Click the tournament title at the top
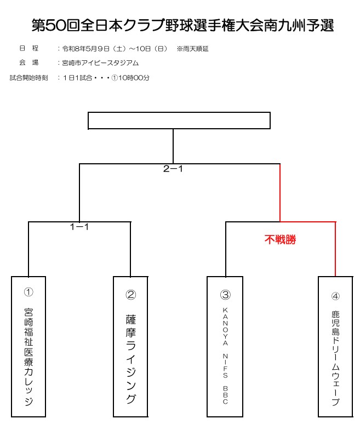coord(182,25)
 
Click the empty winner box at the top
coord(179,121)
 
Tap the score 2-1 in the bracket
coord(173,169)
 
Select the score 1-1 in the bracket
coord(79,226)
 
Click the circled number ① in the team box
coord(28,294)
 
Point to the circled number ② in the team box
coord(130,295)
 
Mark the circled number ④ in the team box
coord(335,296)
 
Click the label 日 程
coord(28,49)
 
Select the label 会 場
coord(28,63)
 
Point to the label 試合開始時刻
coord(28,78)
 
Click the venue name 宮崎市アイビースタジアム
coord(101,63)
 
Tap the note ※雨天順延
coord(192,49)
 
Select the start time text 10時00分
coord(134,78)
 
